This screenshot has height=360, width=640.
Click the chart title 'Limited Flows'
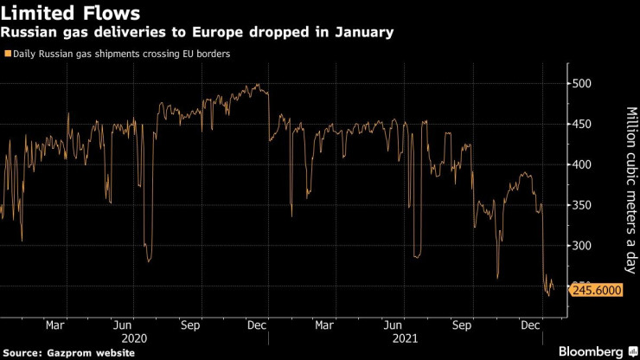[71, 14]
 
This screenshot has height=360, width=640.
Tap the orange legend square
[8, 54]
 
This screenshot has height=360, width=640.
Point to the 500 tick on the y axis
[585, 84]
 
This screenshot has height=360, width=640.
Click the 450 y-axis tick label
[585, 125]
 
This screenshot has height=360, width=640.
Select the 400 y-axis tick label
[585, 165]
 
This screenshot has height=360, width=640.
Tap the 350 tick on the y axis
[585, 206]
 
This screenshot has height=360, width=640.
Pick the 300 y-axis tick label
[585, 247]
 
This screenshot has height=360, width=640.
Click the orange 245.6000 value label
[598, 291]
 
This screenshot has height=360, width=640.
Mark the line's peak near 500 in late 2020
[259, 85]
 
